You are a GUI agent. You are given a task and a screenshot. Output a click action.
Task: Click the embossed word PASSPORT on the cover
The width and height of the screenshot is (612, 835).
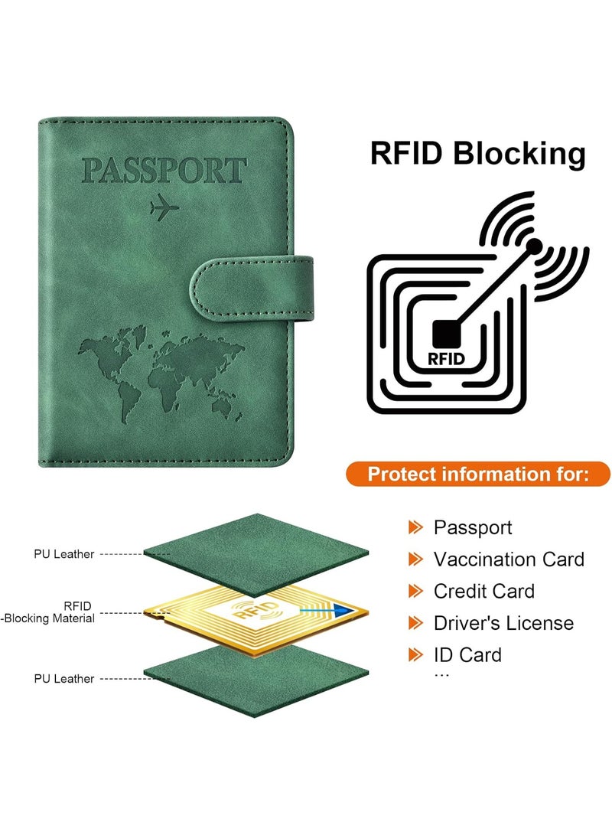164,171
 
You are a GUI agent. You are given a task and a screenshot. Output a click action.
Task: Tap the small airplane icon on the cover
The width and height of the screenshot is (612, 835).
164,207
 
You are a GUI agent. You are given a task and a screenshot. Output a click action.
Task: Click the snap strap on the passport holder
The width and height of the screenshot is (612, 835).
252,288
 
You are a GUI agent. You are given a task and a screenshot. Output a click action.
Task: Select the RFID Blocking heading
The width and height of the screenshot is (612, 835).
477,153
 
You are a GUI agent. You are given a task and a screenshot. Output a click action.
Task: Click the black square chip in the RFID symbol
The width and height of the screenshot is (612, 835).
446,334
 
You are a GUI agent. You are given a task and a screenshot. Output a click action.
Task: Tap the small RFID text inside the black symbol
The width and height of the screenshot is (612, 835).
446,359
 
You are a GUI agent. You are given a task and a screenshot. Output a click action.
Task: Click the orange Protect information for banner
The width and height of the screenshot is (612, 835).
478,474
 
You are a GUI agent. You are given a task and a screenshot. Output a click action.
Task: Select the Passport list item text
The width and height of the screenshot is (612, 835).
473,528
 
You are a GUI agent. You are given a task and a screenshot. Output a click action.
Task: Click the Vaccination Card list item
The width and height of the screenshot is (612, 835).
509,559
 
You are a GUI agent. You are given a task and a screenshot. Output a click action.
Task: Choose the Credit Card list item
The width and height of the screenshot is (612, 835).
483,591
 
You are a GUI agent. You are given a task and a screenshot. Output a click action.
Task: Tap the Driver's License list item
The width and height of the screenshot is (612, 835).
503,623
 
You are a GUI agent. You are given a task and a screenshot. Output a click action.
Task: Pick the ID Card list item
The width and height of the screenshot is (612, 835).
467,655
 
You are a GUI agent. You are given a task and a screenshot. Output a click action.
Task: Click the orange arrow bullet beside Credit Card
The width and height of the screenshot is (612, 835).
415,591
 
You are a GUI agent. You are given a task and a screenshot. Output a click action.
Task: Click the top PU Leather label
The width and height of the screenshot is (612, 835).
63,554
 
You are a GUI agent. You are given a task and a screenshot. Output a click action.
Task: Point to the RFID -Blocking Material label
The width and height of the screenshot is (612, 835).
49,612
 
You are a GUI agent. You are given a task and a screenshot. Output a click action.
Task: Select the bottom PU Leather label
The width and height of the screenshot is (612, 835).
63,678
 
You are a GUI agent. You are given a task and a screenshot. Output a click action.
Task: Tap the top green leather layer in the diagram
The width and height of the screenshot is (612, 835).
256,554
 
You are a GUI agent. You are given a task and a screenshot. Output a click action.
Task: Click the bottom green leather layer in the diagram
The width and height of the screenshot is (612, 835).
256,680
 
